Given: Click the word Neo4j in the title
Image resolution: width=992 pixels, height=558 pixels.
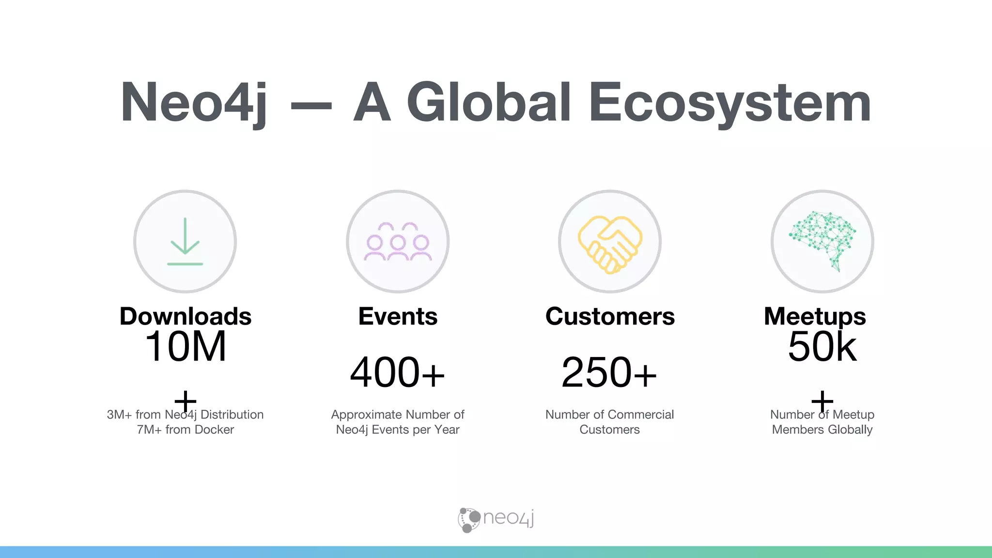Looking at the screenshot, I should pyautogui.click(x=194, y=103).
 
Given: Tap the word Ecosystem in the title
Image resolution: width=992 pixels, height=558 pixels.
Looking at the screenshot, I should pyautogui.click(x=730, y=103).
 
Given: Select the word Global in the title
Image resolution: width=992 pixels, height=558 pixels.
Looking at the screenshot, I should pyautogui.click(x=489, y=103).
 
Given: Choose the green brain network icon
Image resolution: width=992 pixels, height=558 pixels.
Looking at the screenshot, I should pyautogui.click(x=822, y=240).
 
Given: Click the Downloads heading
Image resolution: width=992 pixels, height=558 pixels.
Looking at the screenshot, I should pyautogui.click(x=186, y=316).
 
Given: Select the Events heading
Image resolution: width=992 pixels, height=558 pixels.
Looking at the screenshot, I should pyautogui.click(x=398, y=316).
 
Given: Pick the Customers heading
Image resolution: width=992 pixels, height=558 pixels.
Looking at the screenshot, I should pyautogui.click(x=610, y=316).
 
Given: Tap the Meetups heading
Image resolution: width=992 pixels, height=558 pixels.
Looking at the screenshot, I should pyautogui.click(x=815, y=316).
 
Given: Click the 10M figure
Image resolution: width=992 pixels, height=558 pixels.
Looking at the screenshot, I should pyautogui.click(x=186, y=347).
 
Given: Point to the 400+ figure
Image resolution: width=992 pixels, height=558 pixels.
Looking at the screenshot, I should pyautogui.click(x=397, y=372).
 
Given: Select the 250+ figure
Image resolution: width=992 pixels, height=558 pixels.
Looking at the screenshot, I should pyautogui.click(x=609, y=372).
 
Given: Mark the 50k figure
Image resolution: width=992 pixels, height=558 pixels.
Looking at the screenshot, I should pyautogui.click(x=822, y=347).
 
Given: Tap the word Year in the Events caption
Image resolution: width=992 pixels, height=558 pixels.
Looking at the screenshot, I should pyautogui.click(x=447, y=430).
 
